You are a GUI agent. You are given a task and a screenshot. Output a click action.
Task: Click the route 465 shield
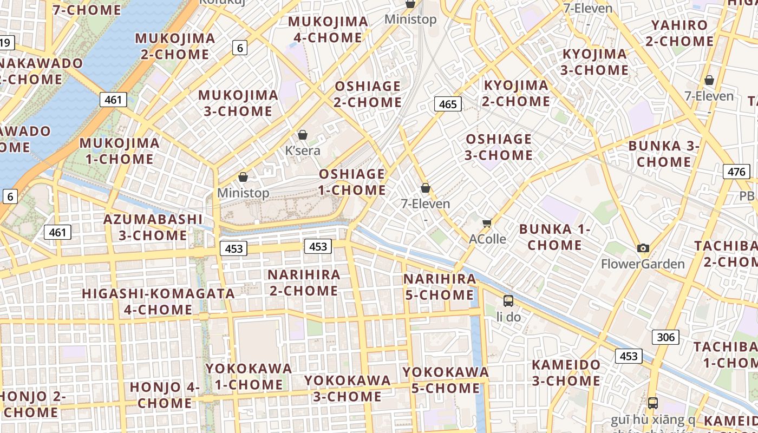[x=448, y=104]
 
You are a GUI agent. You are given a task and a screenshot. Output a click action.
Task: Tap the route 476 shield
[x=736, y=172]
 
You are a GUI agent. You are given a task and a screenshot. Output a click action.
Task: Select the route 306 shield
[x=665, y=337]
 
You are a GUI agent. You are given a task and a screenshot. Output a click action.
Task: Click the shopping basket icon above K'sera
[x=303, y=135]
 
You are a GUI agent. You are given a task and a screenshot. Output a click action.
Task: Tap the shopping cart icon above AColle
[x=487, y=223]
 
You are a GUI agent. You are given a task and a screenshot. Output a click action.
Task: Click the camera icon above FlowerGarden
[x=643, y=248]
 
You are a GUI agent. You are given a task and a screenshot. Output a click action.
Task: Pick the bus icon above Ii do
[x=508, y=301]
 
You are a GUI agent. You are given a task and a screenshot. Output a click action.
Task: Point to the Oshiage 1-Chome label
[x=352, y=182]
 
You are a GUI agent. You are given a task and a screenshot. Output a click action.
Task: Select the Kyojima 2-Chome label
[x=517, y=93]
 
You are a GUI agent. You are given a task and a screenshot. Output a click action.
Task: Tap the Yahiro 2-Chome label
[x=679, y=33]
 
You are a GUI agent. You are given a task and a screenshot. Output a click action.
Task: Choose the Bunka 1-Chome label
[x=555, y=237]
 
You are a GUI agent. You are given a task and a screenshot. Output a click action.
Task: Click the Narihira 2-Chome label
[x=304, y=283]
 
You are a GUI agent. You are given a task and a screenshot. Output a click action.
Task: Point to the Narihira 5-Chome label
[x=439, y=287]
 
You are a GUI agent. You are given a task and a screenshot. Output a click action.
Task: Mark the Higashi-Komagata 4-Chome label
[x=158, y=301]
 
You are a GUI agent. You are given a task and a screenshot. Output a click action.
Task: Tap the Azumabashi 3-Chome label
[x=153, y=227]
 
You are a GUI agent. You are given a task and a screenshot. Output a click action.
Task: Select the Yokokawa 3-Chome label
[x=347, y=388]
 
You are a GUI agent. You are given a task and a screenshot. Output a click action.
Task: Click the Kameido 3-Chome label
[x=566, y=372]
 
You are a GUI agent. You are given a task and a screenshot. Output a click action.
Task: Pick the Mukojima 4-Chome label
[x=328, y=30]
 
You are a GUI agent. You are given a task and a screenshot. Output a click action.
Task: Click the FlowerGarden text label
[x=643, y=264]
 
